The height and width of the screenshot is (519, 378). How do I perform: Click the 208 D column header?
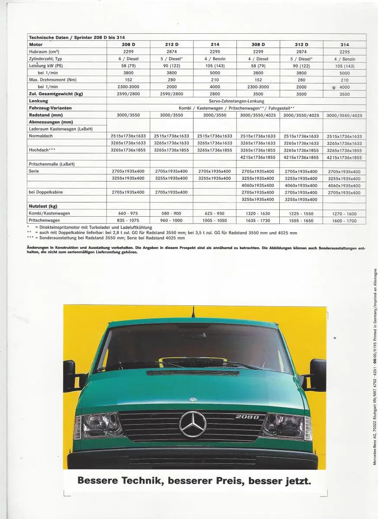[128, 45]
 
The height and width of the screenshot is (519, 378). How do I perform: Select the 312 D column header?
[301, 45]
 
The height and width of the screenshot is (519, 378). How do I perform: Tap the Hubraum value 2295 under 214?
[215, 51]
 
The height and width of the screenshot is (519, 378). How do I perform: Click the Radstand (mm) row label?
[45, 115]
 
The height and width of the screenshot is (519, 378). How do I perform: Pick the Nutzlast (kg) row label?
[43, 206]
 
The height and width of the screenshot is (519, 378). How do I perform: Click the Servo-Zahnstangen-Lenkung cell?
[236, 101]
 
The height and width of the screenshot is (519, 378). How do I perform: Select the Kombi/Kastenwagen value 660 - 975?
[128, 213]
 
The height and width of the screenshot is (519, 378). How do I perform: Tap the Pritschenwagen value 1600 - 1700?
[345, 221]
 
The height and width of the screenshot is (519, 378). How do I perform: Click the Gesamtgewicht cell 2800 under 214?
[215, 94]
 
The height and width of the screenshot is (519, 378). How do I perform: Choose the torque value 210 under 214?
[215, 80]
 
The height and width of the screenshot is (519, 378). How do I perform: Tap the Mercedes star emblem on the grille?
[193, 423]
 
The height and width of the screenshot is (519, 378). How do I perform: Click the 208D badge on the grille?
[247, 417]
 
